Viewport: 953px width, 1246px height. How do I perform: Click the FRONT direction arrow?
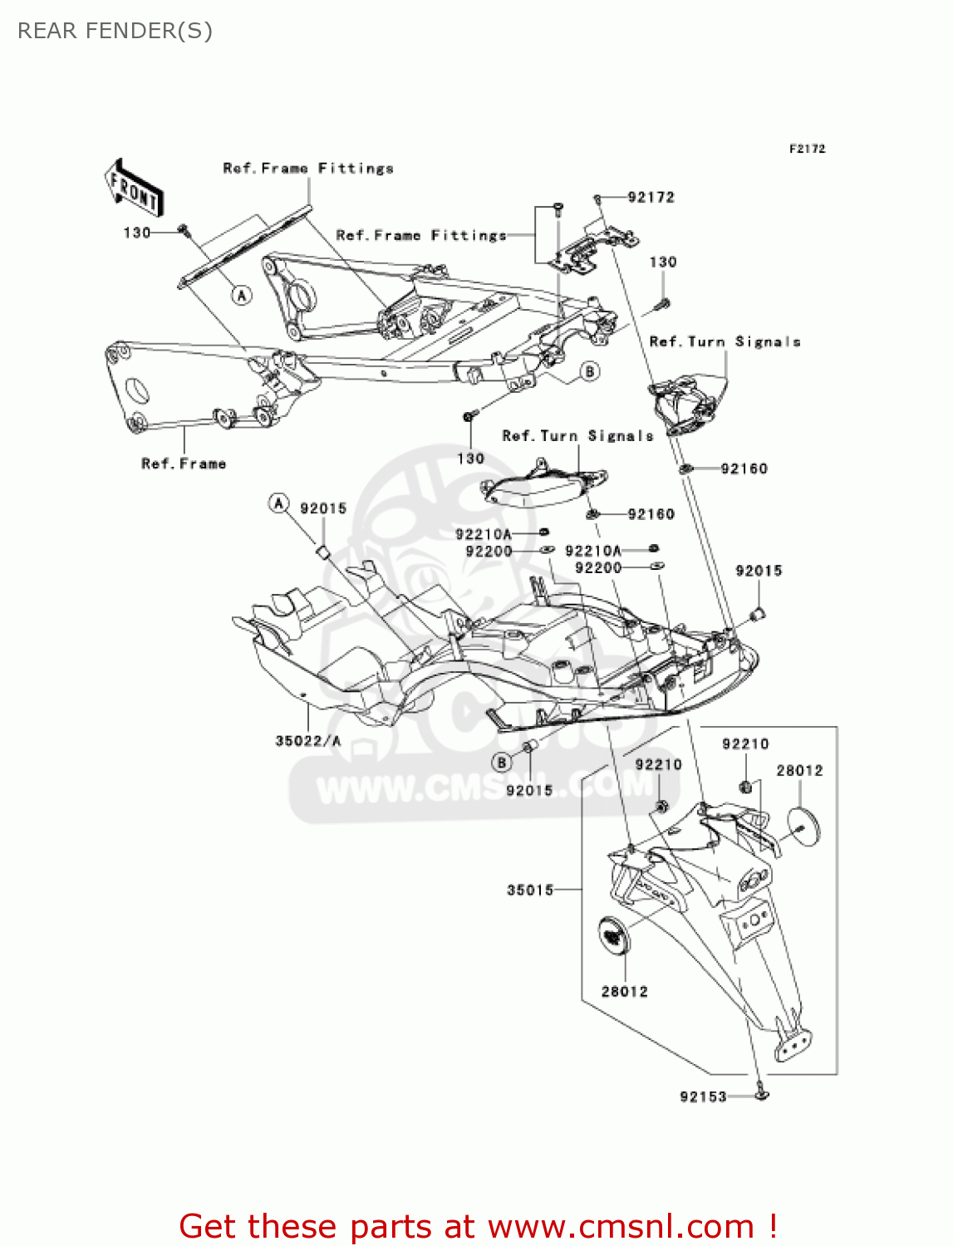point(134,189)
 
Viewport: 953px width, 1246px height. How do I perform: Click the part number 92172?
point(651,198)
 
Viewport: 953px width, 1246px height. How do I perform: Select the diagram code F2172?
point(807,149)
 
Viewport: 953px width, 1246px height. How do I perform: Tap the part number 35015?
point(530,890)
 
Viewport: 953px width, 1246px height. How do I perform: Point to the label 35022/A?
point(308,741)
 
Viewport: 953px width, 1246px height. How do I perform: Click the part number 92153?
point(703,1097)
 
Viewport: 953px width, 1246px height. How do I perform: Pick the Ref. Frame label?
point(184,464)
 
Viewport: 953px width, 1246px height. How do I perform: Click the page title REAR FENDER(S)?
point(115,31)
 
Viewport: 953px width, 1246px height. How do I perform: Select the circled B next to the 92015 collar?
point(501,762)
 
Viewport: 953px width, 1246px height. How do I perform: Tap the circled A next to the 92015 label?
point(279,503)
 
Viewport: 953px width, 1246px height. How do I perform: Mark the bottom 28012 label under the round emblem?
point(625,992)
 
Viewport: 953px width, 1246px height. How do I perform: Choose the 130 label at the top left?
point(137,233)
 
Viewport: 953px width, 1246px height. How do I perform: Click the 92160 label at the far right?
point(744,469)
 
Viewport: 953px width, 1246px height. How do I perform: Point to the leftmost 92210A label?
point(484,535)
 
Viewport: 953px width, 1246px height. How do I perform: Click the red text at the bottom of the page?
point(478,1227)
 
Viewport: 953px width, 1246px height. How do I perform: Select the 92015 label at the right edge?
point(759,571)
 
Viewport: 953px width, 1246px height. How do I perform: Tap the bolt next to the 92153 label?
point(761,1094)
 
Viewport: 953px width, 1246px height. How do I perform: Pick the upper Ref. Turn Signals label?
point(725,342)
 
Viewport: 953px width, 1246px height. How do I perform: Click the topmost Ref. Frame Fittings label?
point(308,169)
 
